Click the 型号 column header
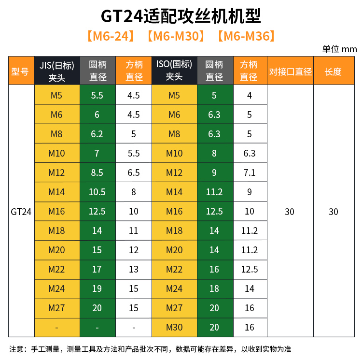[x=20, y=71]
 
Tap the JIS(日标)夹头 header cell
[x=56, y=71]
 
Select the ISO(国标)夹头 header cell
[x=174, y=71]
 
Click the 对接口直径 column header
[x=290, y=71]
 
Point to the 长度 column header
[x=334, y=71]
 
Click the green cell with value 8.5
[x=97, y=173]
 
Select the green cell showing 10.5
[x=97, y=192]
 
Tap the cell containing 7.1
[x=250, y=173]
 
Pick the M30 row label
[x=174, y=327]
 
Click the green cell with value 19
[x=97, y=288]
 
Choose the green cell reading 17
[x=97, y=269]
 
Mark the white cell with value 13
[x=134, y=269]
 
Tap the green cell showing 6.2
[x=97, y=134]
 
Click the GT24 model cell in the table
[x=21, y=211]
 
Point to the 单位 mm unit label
[x=339, y=49]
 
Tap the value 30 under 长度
[x=334, y=211]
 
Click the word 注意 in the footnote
[x=17, y=349]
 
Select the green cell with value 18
[x=214, y=288]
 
